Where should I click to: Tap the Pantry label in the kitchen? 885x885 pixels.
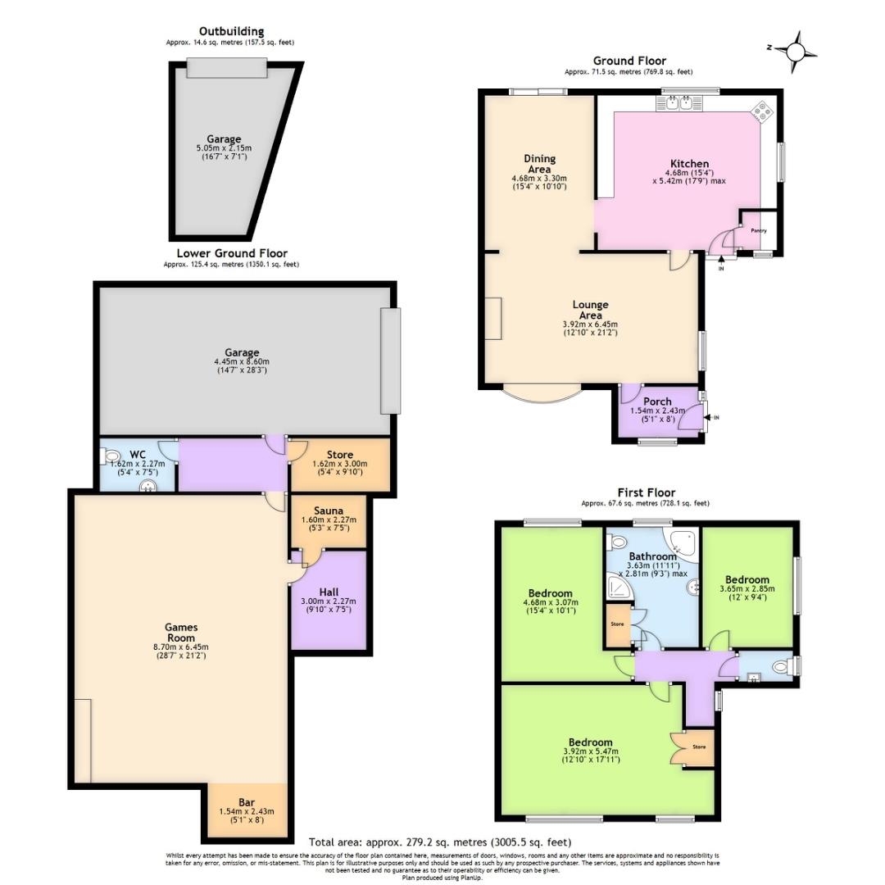[x=759, y=231]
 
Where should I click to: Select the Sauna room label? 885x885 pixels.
[x=329, y=510]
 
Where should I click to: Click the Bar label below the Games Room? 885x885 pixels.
[x=247, y=802]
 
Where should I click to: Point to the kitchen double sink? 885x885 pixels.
[x=678, y=104]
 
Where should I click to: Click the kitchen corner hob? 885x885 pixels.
[x=762, y=111]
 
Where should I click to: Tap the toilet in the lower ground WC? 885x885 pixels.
[x=112, y=456]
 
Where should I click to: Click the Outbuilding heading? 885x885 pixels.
[x=231, y=32]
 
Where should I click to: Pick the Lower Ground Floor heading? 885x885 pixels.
[x=232, y=253]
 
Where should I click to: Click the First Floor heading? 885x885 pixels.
[x=645, y=492]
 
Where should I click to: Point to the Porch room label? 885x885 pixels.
[x=657, y=401]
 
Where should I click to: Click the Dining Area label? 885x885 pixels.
[x=539, y=164]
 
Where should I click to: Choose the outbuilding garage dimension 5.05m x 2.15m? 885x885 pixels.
[x=224, y=147]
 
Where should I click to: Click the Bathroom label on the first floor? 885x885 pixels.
[x=653, y=556]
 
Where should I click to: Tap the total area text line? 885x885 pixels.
[x=440, y=842]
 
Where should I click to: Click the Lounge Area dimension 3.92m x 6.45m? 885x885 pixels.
[x=590, y=324]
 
